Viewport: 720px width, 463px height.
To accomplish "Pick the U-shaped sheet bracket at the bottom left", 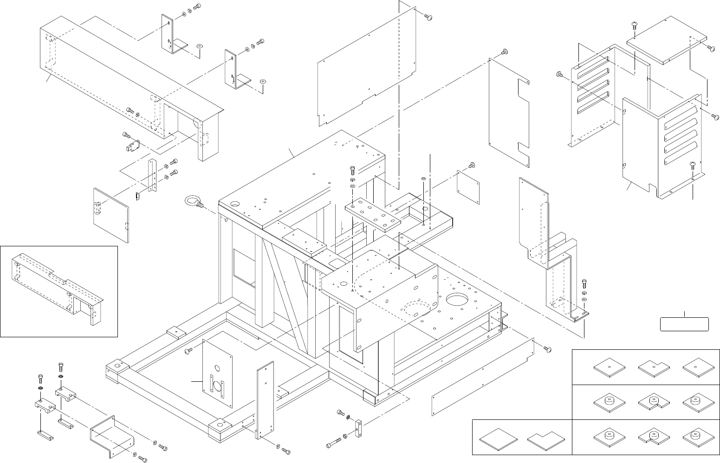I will (111, 433).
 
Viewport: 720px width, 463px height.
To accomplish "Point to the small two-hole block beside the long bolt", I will (358, 428).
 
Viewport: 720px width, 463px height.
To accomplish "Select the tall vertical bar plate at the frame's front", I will (265, 399).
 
